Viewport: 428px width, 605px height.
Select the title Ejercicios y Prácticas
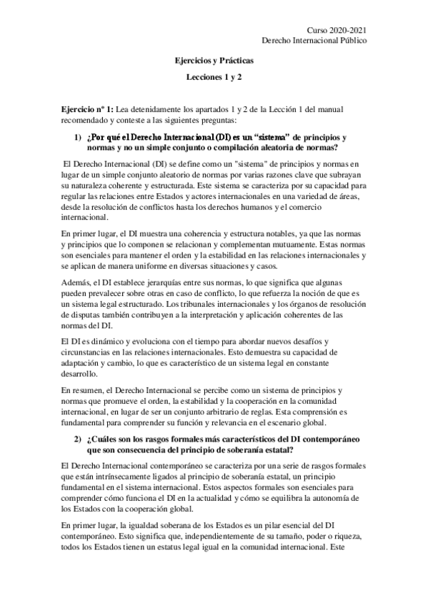click(x=214, y=62)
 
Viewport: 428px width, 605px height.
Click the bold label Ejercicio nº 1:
click(x=87, y=108)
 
